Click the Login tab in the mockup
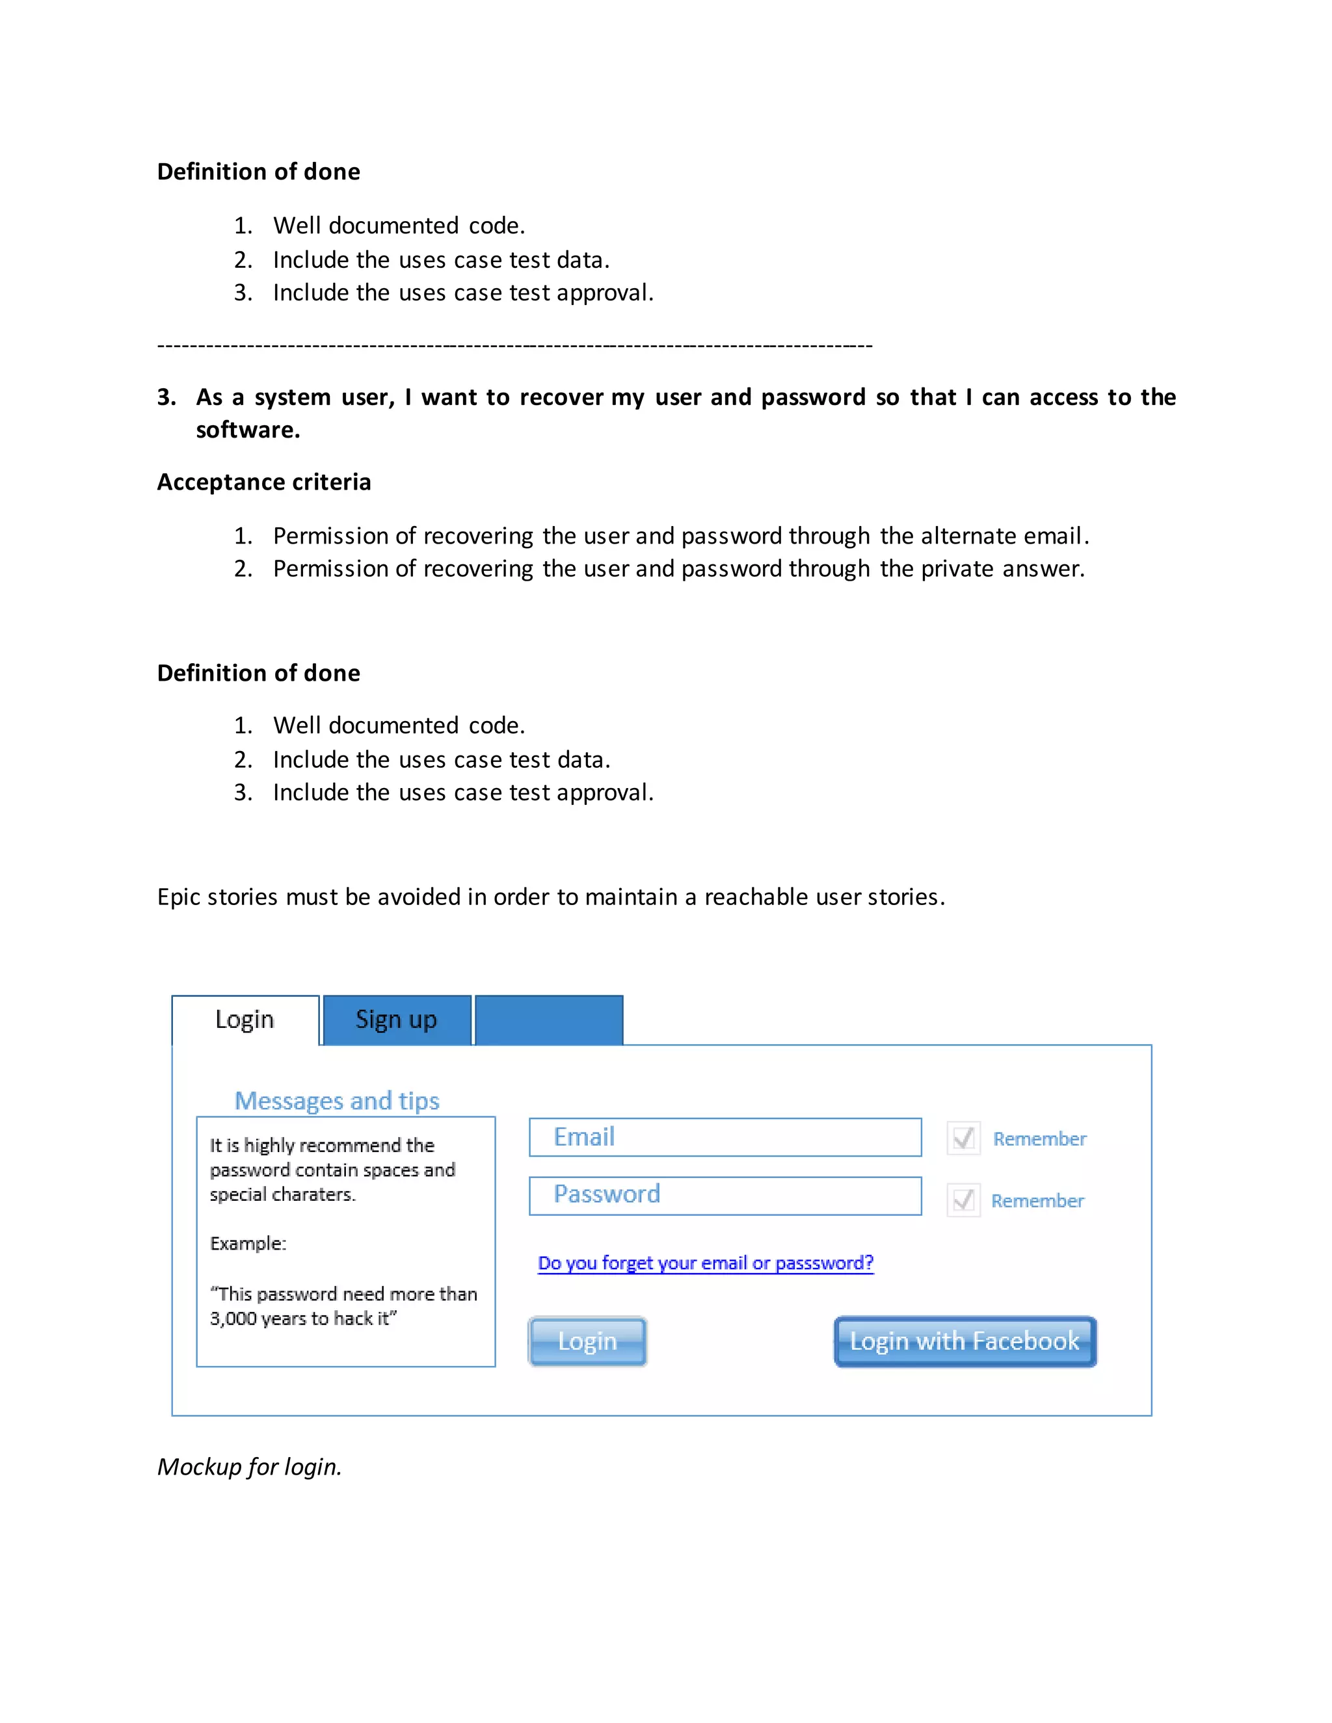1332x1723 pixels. pyautogui.click(x=245, y=1019)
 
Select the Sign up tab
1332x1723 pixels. pyautogui.click(x=396, y=1019)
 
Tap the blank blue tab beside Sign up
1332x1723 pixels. pyautogui.click(x=549, y=1020)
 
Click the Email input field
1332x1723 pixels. pyautogui.click(x=725, y=1137)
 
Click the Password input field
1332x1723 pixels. pyautogui.click(x=725, y=1195)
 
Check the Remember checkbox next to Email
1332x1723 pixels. pyautogui.click(x=963, y=1138)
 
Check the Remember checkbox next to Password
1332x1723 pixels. pyautogui.click(x=963, y=1200)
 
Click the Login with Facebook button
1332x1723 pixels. pyautogui.click(x=965, y=1341)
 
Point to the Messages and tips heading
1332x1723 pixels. pyautogui.click(x=337, y=1101)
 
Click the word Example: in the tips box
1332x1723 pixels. pyautogui.click(x=248, y=1243)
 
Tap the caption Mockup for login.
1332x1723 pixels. pyautogui.click(x=249, y=1467)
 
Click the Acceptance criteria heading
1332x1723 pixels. pyautogui.click(x=263, y=482)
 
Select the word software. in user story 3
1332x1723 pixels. pyautogui.click(x=248, y=430)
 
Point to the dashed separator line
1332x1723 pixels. pyautogui.click(x=514, y=345)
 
